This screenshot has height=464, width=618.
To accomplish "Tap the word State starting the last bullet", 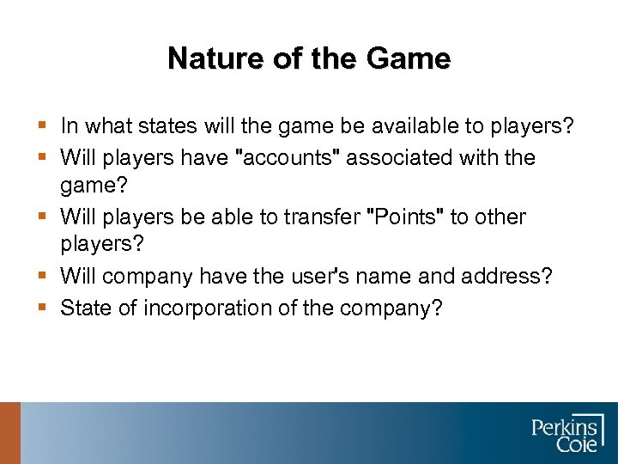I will (x=83, y=308).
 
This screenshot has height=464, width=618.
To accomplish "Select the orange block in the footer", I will (x=9, y=433).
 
